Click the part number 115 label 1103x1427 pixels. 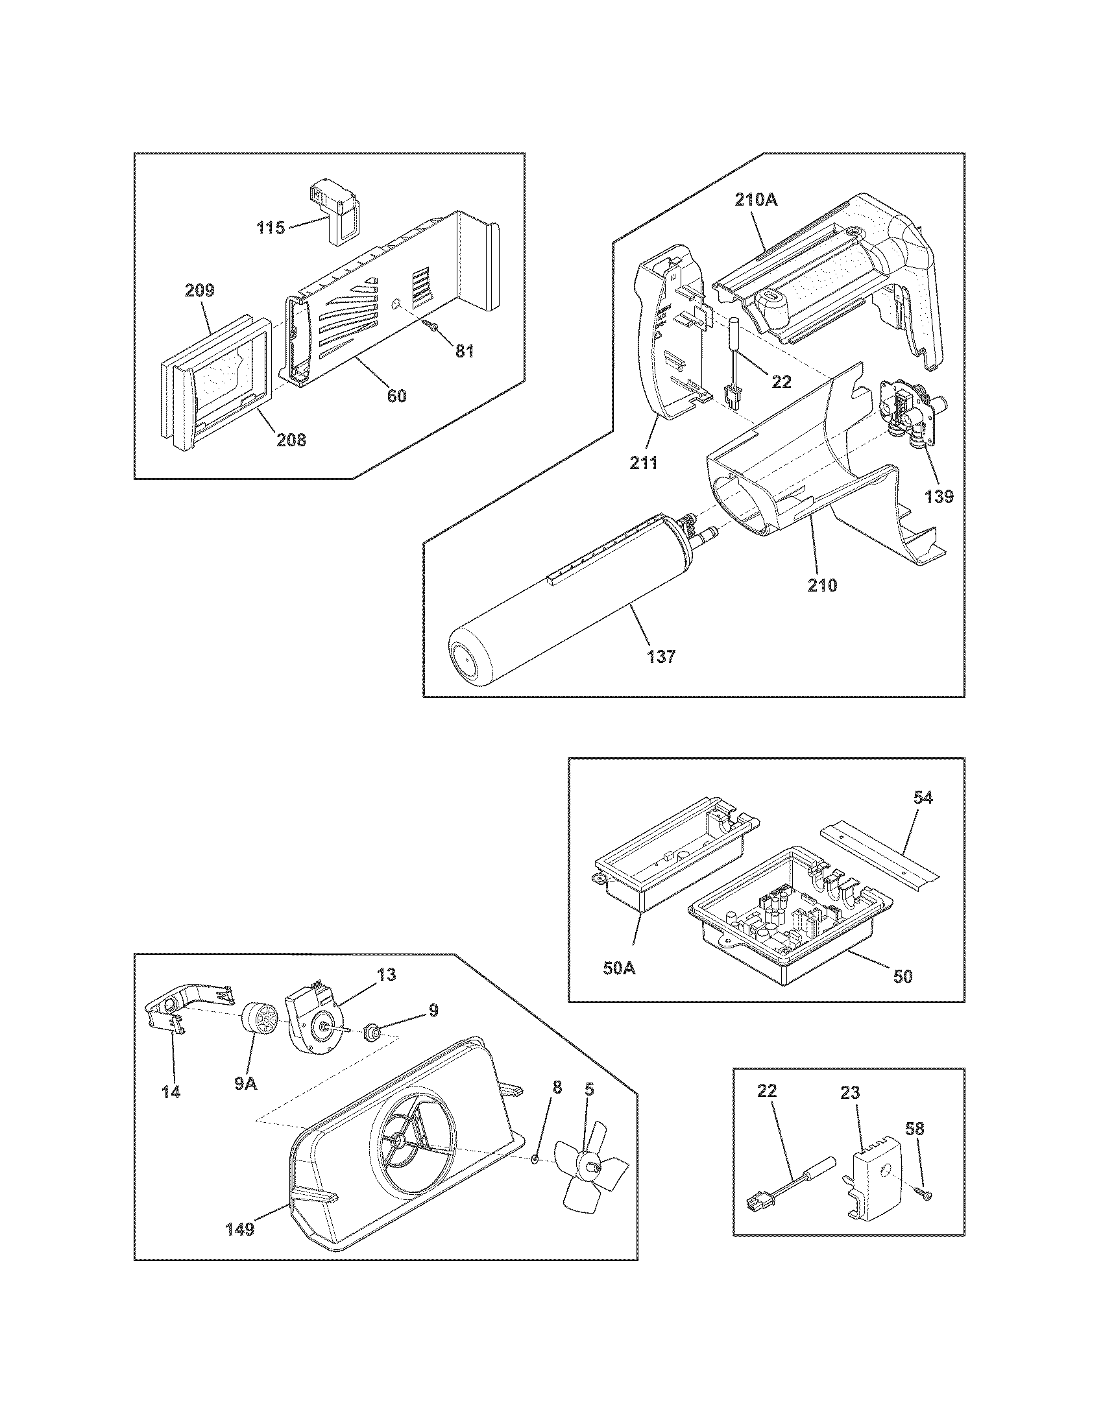[271, 228]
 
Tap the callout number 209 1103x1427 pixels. [199, 290]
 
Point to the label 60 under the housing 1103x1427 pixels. [396, 396]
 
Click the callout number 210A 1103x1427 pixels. [756, 200]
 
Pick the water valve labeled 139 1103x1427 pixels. [908, 416]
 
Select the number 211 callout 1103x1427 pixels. [644, 463]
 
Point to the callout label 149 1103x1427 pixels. [240, 1247]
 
